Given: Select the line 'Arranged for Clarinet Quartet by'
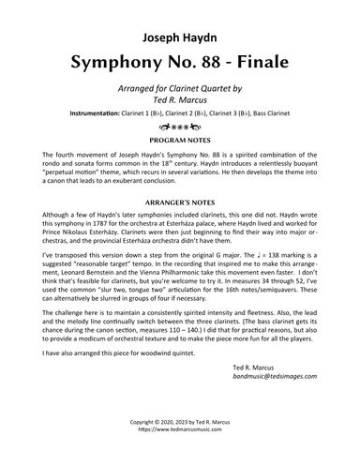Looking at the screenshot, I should coord(179,87).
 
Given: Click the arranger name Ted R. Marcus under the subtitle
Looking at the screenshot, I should coord(179,98).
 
